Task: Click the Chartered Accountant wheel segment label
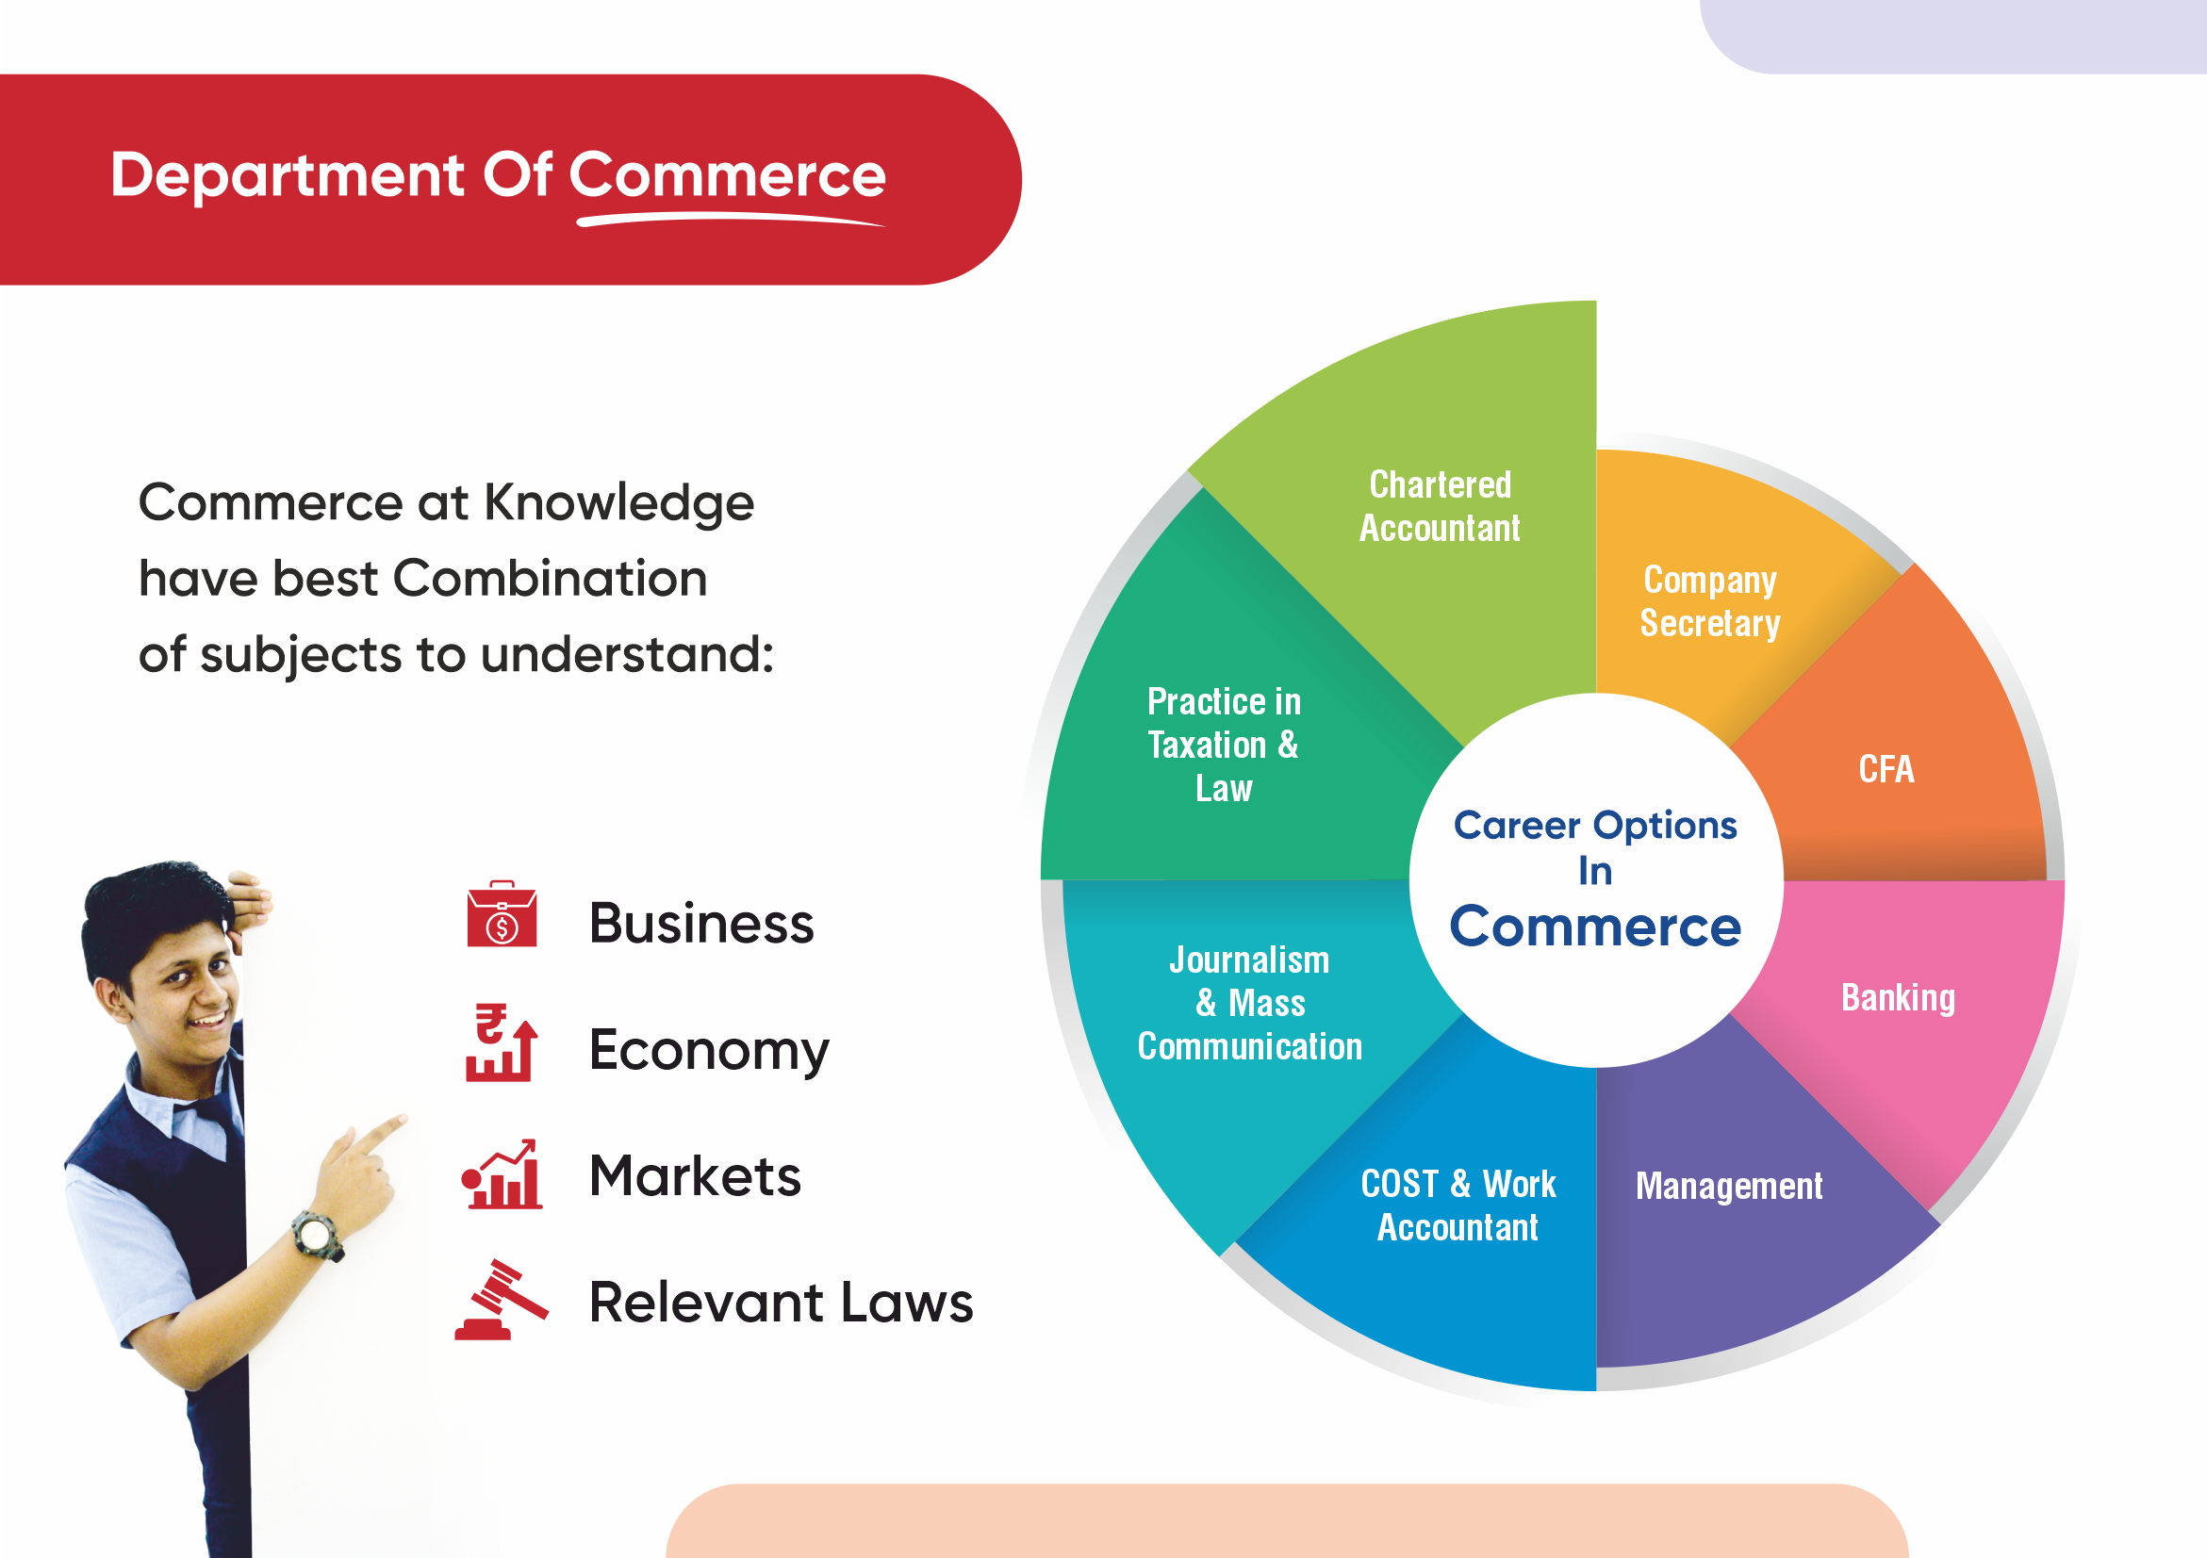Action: [x=1439, y=506]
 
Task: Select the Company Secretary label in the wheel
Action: [x=1710, y=601]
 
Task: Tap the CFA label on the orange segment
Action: [x=1886, y=769]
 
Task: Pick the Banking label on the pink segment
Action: [x=1899, y=997]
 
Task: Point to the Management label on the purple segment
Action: [x=1729, y=1186]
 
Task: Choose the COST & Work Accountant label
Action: [x=1458, y=1205]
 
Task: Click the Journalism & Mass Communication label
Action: [x=1249, y=1003]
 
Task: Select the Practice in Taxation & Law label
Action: [x=1224, y=745]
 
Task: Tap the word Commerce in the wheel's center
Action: [x=1596, y=927]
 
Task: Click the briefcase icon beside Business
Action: [x=502, y=914]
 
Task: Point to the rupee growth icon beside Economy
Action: [x=501, y=1042]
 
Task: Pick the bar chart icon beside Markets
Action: [x=502, y=1173]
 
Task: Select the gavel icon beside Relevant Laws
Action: [x=501, y=1300]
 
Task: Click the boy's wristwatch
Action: [x=317, y=1235]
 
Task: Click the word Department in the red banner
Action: [x=288, y=176]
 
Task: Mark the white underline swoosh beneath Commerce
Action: [x=731, y=221]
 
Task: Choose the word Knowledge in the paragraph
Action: [x=618, y=503]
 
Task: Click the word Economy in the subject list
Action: [x=708, y=1051]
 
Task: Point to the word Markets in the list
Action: [x=695, y=1175]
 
